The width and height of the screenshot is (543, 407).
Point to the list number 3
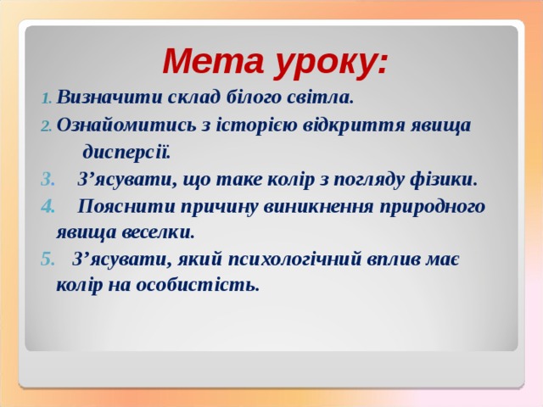[47, 180]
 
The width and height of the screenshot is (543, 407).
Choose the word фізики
[446, 180]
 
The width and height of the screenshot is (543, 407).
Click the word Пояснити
[128, 206]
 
